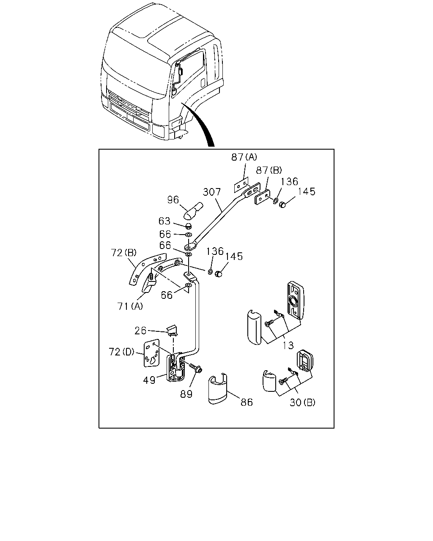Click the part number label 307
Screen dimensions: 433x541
pyautogui.click(x=212, y=192)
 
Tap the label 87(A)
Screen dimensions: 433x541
pyautogui.click(x=244, y=157)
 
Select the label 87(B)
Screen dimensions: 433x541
pyautogui.click(x=269, y=170)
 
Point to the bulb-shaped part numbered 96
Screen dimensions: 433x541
pyautogui.click(x=194, y=210)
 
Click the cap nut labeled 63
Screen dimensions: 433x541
pyautogui.click(x=188, y=226)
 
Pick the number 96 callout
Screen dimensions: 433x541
pyautogui.click(x=173, y=200)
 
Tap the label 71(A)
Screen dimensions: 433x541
pyautogui.click(x=130, y=306)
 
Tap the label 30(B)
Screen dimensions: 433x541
pyautogui.click(x=302, y=402)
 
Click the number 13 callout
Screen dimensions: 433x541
pyautogui.click(x=288, y=345)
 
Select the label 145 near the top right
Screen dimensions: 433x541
pyautogui.click(x=307, y=191)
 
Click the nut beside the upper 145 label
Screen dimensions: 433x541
pyautogui.click(x=282, y=205)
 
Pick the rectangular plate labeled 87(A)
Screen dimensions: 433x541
pyautogui.click(x=241, y=185)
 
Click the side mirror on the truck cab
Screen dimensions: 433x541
pyautogui.click(x=180, y=71)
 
